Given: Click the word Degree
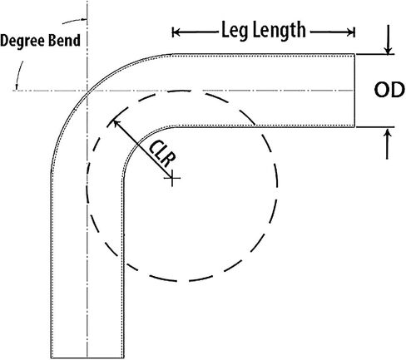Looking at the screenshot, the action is pyautogui.click(x=22, y=41).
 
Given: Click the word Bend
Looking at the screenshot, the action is pyautogui.click(x=64, y=40).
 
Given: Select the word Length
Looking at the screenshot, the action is pyautogui.click(x=280, y=31).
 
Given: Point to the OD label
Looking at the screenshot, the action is pyautogui.click(x=389, y=90).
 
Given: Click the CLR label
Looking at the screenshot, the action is pyautogui.click(x=162, y=154).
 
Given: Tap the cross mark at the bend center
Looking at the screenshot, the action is pyautogui.click(x=172, y=178).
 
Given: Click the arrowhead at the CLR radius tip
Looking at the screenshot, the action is pyautogui.click(x=116, y=124).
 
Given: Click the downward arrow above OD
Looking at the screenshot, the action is pyautogui.click(x=389, y=39).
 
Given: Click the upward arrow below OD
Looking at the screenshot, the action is pyautogui.click(x=388, y=144).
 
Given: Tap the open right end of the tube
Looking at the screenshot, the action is pyautogui.click(x=354, y=91).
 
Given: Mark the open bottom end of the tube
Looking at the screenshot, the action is pyautogui.click(x=87, y=358).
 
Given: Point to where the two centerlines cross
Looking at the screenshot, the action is pyautogui.click(x=87, y=91).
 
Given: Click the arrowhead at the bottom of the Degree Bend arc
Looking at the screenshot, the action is pyautogui.click(x=17, y=86).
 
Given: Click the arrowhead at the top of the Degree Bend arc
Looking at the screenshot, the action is pyautogui.click(x=83, y=19).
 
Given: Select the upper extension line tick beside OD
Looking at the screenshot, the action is pyautogui.click(x=375, y=54).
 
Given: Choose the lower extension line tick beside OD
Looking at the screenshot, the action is pyautogui.click(x=375, y=127).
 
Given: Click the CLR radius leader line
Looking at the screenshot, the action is pyautogui.click(x=143, y=150).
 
